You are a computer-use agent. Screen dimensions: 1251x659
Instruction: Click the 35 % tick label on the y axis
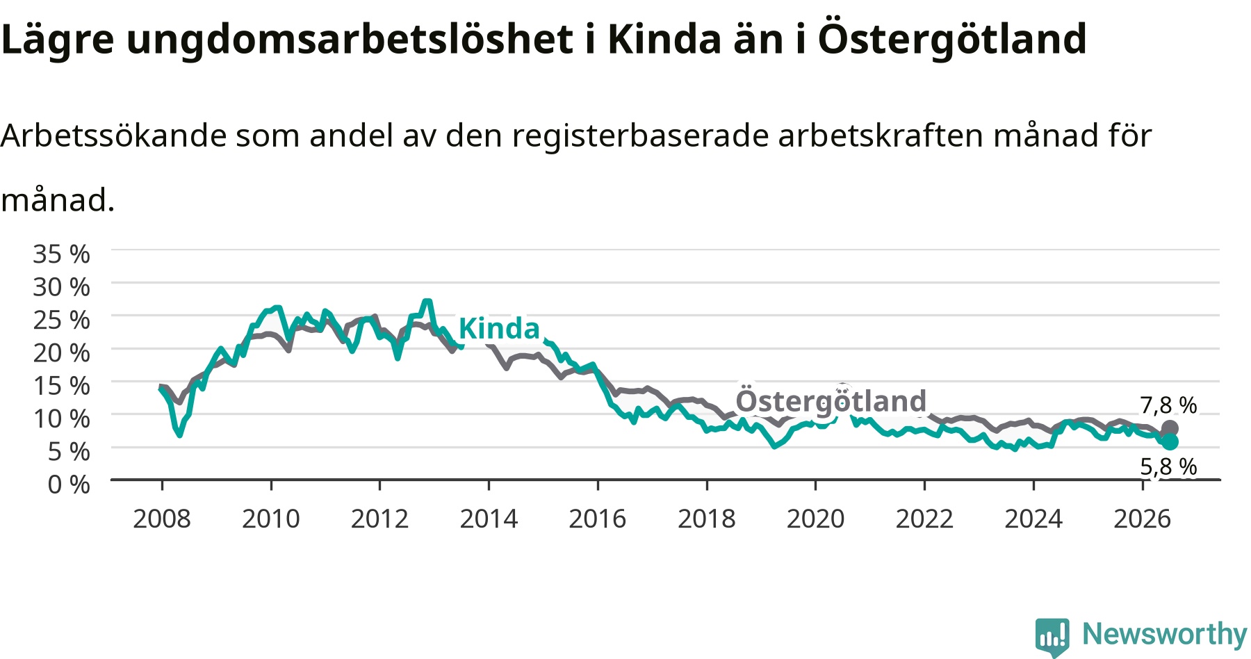(61, 254)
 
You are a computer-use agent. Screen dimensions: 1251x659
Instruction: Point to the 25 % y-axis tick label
(61, 320)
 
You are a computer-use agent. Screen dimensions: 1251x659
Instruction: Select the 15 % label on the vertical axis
(61, 385)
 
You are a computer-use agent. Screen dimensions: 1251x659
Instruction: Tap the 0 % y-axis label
(69, 484)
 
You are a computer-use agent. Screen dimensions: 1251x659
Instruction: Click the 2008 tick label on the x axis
(162, 519)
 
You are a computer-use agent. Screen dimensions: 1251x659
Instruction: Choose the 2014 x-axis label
(489, 519)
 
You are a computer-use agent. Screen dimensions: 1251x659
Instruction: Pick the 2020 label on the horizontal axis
(815, 519)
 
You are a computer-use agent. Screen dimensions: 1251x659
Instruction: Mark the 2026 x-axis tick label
(1143, 519)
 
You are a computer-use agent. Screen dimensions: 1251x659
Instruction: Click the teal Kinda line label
(499, 328)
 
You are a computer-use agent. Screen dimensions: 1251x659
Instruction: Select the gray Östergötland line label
(831, 400)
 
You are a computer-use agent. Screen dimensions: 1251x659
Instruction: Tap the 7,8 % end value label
(1168, 405)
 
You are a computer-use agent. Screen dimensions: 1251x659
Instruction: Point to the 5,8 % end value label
(1168, 466)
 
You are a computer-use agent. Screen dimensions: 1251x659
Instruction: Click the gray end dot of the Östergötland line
(1170, 429)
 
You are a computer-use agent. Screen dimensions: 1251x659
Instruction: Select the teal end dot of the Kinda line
(1170, 441)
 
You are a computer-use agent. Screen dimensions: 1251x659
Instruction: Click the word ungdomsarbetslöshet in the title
(350, 40)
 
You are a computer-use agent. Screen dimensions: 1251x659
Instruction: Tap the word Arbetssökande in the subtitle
(113, 135)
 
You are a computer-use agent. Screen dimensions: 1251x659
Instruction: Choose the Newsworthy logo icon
(1052, 636)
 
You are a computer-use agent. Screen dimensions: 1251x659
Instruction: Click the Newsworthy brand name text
(1165, 633)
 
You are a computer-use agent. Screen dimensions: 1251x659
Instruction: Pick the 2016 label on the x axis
(598, 519)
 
